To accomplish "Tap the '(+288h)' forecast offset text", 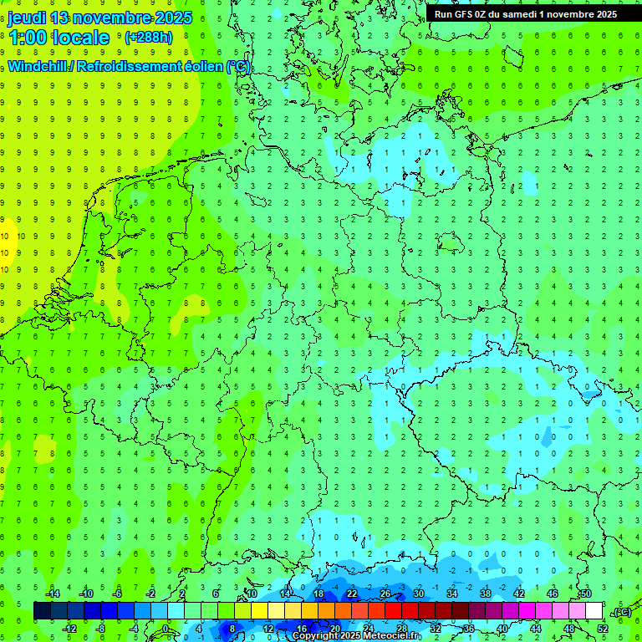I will pyautogui.click(x=148, y=38).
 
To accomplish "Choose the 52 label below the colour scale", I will pyautogui.click(x=603, y=629).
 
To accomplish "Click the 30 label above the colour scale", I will pyautogui.click(x=418, y=594).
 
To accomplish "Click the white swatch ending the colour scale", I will pyautogui.click(x=594, y=611).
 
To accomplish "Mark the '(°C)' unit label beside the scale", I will pyautogui.click(x=622, y=612).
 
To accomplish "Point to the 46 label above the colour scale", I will pyautogui.click(x=552, y=594).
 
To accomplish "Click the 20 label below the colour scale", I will pyautogui.click(x=335, y=629).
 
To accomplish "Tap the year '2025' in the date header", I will pyautogui.click(x=171, y=18).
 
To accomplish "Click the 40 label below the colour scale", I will pyautogui.click(x=502, y=629).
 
